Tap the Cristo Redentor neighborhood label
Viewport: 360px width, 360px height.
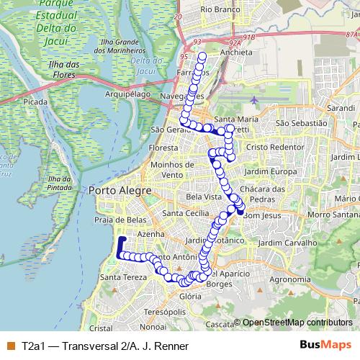275,146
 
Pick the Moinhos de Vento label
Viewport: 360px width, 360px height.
171,170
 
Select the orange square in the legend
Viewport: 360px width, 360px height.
10,346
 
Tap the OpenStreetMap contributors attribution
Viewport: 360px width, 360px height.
297,323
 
